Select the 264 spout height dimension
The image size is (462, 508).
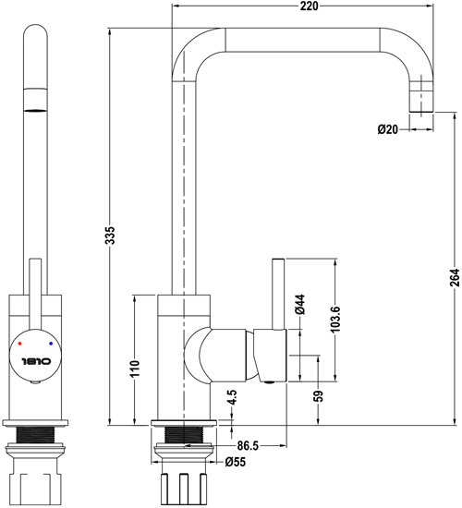[453, 276]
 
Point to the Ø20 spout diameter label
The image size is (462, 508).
[387, 130]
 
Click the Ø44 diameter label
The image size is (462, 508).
[301, 306]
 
